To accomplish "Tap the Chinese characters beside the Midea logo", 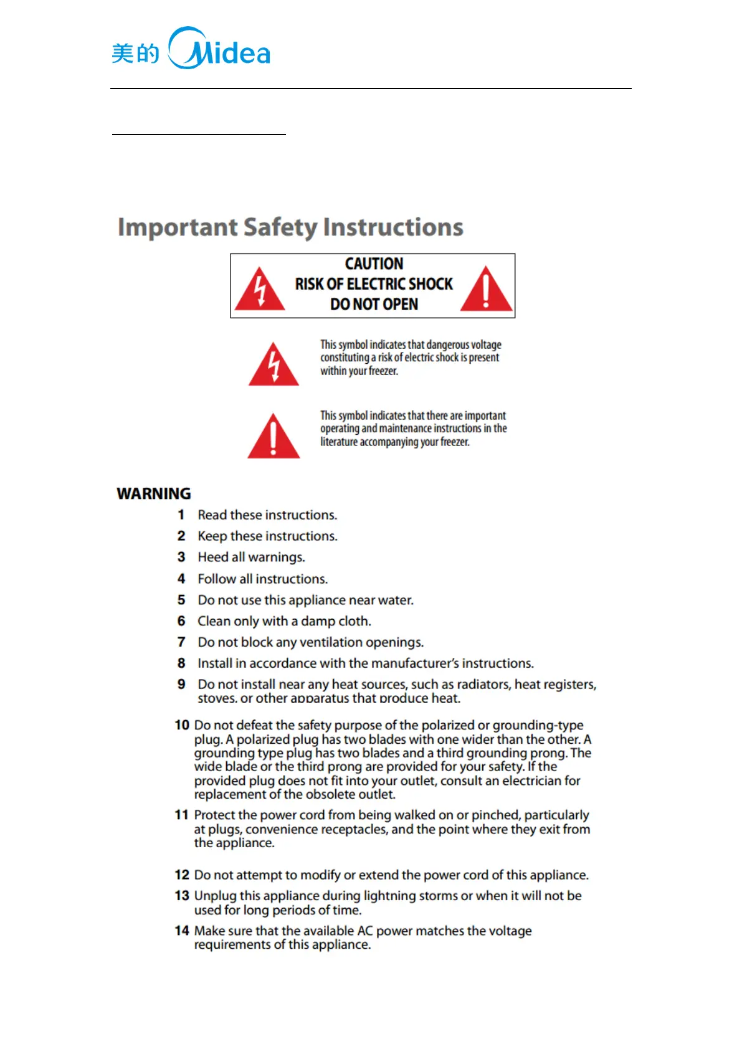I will tap(135, 54).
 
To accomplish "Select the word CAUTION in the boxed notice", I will tap(374, 263).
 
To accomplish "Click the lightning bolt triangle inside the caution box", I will tap(260, 290).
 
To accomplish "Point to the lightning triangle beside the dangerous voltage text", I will tap(273, 365).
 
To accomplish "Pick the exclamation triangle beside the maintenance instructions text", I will tap(273, 436).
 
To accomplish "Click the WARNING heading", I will tap(154, 493).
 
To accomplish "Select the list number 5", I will tap(181, 600).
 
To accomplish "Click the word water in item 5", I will tap(395, 600).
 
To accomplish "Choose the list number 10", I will tap(181, 725).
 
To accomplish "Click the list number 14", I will tap(181, 931).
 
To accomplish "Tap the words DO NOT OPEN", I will tap(374, 304).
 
